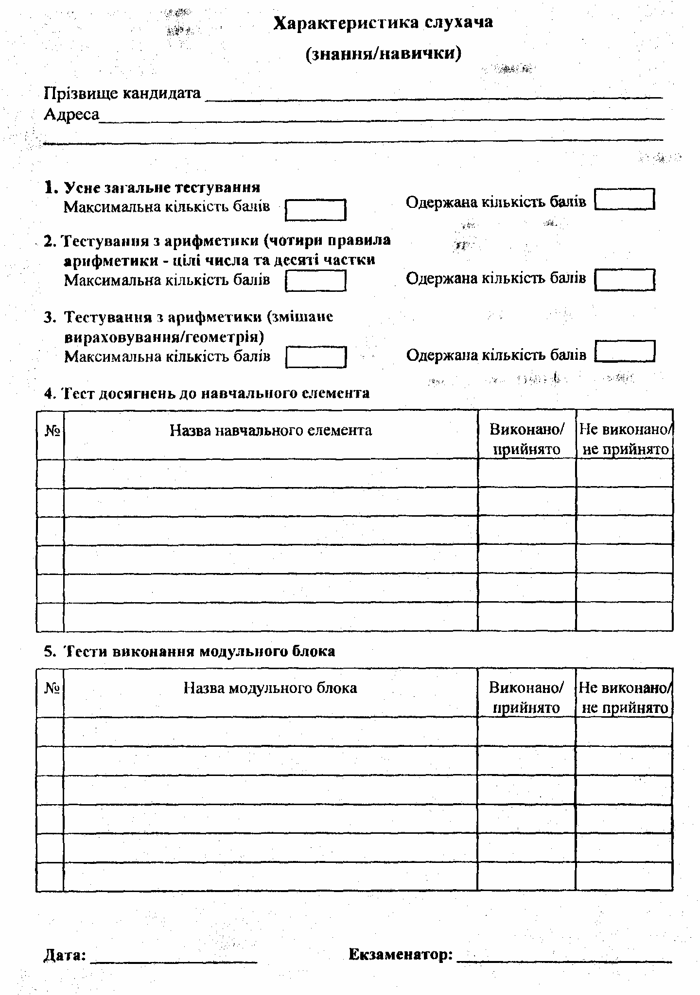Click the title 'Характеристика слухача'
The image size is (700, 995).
click(x=383, y=23)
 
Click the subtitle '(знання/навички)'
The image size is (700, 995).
click(x=383, y=53)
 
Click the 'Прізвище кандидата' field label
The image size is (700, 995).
click(x=122, y=93)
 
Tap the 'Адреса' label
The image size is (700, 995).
click(x=71, y=115)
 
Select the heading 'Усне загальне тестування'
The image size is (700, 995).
click(x=162, y=187)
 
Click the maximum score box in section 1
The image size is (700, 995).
click(x=315, y=210)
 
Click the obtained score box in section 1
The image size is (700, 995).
click(x=625, y=200)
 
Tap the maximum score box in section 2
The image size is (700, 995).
click(x=315, y=281)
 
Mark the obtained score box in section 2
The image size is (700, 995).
click(x=625, y=280)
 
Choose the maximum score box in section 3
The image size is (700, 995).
click(x=316, y=357)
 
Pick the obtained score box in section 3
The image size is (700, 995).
click(x=625, y=352)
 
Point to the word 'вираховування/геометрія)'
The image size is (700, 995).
click(x=164, y=337)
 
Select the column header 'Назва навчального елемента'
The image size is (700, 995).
click(x=271, y=430)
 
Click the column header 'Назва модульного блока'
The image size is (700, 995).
click(x=270, y=688)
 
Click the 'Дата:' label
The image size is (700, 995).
click(x=65, y=955)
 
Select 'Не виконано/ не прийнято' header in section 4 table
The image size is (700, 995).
click(x=625, y=439)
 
